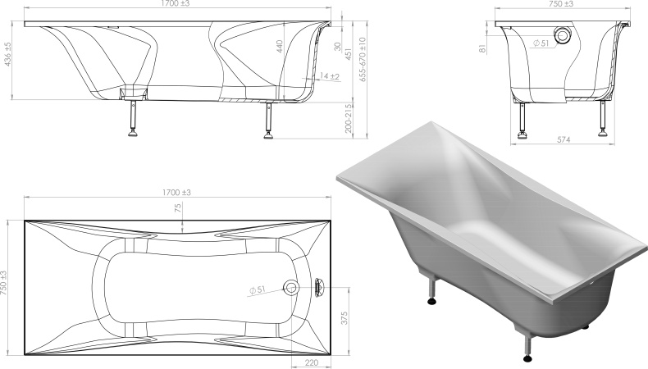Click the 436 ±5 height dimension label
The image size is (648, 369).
(x=7, y=54)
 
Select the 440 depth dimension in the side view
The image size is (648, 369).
(x=279, y=47)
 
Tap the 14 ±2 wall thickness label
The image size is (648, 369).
(x=330, y=76)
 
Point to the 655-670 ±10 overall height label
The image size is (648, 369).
(x=363, y=59)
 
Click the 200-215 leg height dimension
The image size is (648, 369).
(x=349, y=118)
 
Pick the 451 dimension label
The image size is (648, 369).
(x=348, y=54)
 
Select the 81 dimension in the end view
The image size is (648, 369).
(x=482, y=48)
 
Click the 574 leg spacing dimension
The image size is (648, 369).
(x=564, y=139)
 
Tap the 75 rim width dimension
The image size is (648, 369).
(x=178, y=207)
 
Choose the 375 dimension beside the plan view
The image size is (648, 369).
(x=345, y=318)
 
